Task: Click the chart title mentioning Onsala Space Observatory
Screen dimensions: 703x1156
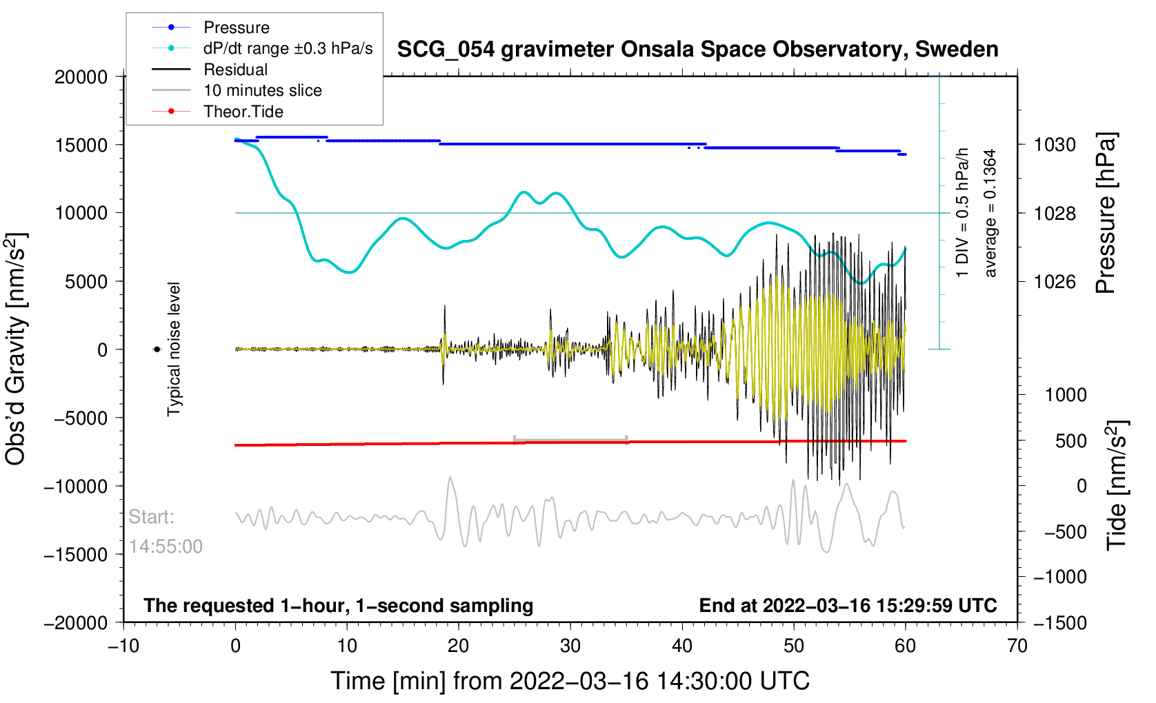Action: coord(697,50)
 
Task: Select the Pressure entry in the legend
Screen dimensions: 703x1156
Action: coord(236,28)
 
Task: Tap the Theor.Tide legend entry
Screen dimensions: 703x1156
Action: coord(243,112)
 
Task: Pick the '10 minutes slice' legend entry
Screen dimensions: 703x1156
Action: coord(262,90)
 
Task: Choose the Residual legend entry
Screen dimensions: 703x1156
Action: coord(235,70)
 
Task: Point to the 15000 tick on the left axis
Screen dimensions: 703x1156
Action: coord(81,145)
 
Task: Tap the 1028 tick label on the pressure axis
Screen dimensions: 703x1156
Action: coord(1055,213)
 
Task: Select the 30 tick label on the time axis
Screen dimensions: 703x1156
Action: coord(570,646)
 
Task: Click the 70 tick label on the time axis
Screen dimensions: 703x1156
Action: coord(1017,646)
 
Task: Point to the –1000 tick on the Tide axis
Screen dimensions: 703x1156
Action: coord(1059,577)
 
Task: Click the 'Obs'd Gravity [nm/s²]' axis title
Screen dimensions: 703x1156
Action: coord(17,349)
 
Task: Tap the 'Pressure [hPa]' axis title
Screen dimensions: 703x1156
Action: coord(1106,214)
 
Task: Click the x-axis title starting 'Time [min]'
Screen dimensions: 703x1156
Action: coord(570,681)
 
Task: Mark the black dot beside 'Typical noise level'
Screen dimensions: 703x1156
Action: coord(157,349)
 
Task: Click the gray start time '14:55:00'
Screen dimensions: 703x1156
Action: coord(166,547)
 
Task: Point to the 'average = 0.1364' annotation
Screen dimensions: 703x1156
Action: coord(990,214)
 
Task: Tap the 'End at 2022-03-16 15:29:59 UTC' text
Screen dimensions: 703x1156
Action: coord(848,606)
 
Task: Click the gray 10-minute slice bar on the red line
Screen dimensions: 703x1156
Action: coord(570,440)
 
